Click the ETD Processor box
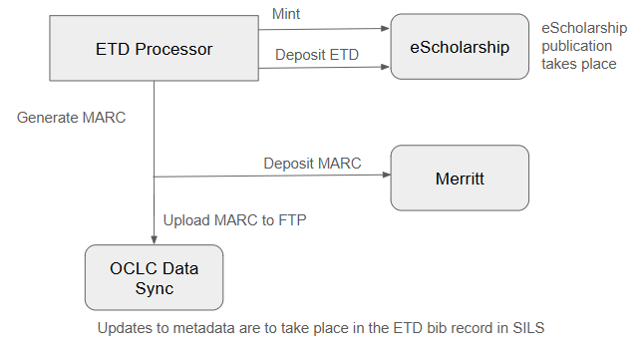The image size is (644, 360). pyautogui.click(x=155, y=48)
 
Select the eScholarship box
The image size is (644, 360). pyautogui.click(x=460, y=46)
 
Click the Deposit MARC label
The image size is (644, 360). pyautogui.click(x=312, y=163)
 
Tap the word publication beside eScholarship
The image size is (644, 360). pyautogui.click(x=577, y=45)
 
